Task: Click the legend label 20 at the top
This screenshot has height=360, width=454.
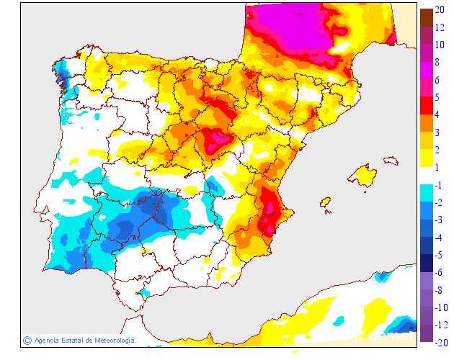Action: coord(439,9)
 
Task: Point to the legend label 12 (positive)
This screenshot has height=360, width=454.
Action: coord(439,27)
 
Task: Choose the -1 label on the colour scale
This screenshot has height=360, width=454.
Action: coord(438,185)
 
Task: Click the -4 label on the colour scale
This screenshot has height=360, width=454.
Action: coord(438,238)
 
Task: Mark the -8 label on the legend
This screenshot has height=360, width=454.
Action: coord(438,290)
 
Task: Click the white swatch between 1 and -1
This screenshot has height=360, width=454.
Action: coord(426,176)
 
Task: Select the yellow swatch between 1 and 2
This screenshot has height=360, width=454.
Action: coord(426,158)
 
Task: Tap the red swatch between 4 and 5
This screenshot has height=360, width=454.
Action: coord(426,106)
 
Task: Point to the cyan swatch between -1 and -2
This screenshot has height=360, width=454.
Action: coord(426,194)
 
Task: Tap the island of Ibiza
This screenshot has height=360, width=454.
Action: coord(326,204)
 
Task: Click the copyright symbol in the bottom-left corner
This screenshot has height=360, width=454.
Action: coord(27,340)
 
